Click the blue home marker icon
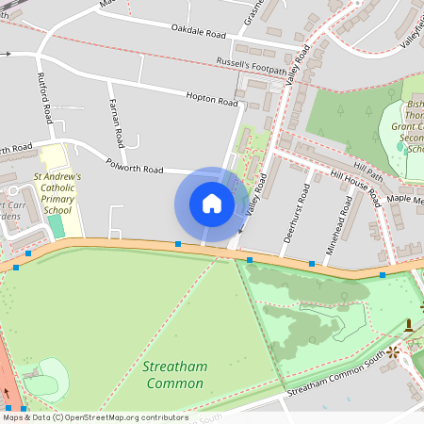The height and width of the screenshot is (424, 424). pos(212,204)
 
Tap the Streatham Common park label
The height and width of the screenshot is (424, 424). pos(173,374)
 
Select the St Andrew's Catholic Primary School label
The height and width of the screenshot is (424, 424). pos(57,193)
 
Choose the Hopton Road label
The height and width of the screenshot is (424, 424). pos(212,98)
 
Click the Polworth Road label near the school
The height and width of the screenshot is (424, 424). pos(137,169)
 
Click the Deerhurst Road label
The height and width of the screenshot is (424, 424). pos(302,212)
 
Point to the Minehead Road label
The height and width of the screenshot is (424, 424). pos(349,213)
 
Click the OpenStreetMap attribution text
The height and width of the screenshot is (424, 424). pos(94,417)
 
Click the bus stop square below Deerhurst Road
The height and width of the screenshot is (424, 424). pos(312,265)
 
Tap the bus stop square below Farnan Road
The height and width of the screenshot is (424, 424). pos(178,244)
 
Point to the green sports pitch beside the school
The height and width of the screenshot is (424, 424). pos(58,227)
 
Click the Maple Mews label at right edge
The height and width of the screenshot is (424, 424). pos(405,200)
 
